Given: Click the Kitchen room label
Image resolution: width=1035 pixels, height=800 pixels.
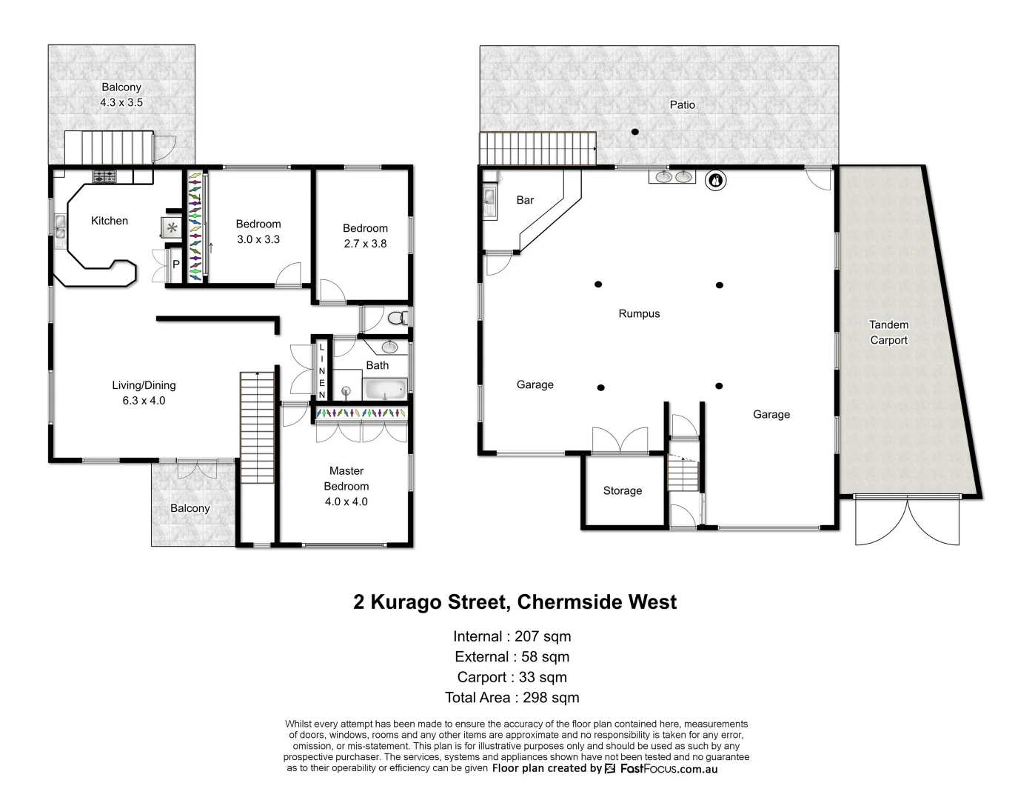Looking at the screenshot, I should point(110,221).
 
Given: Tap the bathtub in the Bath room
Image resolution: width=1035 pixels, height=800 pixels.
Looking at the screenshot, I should point(384,387).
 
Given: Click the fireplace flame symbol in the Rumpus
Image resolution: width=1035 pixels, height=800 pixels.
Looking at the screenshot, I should point(715,179).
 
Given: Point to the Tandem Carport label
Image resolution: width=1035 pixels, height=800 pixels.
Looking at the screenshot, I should point(888,333).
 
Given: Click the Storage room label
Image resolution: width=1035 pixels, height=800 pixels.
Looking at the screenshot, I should point(622,490).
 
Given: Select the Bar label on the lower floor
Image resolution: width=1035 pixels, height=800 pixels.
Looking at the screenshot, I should point(525,200).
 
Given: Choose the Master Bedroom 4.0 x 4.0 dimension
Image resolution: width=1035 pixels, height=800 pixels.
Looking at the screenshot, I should point(346,501).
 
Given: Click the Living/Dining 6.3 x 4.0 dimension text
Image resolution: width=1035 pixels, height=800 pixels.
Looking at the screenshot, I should point(144,401).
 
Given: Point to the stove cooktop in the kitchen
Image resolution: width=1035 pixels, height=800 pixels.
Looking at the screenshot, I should point(104,176).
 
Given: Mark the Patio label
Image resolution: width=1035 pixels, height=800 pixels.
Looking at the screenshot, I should point(682,105).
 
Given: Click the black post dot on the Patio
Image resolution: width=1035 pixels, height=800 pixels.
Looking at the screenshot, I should point(634,132).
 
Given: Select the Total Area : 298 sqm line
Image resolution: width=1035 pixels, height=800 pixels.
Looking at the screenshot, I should point(512,697).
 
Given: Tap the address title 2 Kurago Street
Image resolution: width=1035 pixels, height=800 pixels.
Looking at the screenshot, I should point(515,601).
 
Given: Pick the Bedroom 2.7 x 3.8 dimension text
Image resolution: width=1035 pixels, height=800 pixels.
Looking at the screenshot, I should point(365,244).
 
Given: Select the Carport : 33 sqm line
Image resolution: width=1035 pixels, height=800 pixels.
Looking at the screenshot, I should point(512,677).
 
